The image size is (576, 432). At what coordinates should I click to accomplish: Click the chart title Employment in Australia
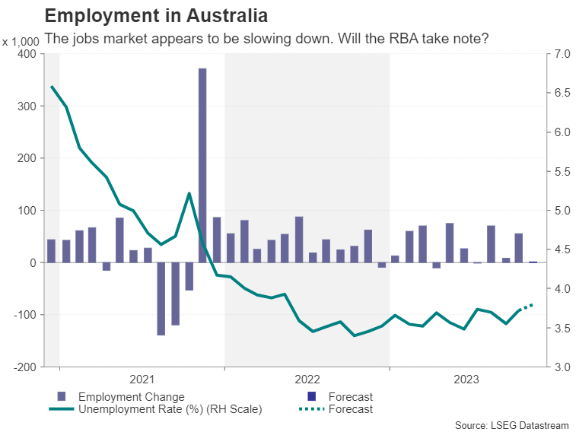156,15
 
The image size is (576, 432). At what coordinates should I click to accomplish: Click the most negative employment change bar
161,298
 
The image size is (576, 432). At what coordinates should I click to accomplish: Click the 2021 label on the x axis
142,378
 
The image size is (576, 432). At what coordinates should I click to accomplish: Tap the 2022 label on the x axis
307,378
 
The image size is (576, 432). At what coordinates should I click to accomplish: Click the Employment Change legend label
131,396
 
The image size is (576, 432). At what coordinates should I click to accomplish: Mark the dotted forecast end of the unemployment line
533,304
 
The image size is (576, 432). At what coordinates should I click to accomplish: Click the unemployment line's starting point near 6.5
52,87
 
